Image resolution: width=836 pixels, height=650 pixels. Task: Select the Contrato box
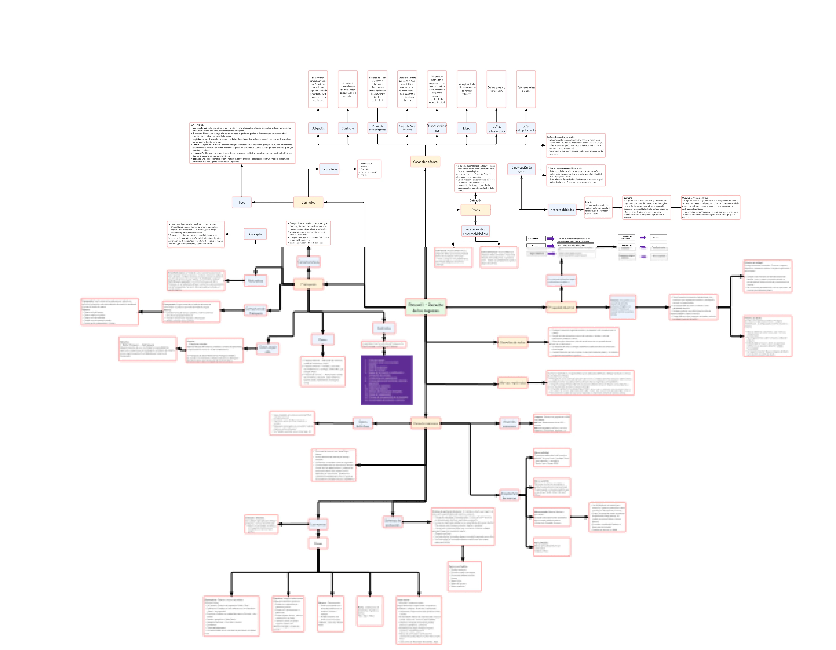(x=348, y=128)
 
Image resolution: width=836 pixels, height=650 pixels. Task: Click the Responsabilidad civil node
(x=437, y=128)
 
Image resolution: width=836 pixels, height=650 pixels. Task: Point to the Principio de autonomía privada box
(x=377, y=128)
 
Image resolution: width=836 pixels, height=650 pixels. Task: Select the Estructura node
(x=329, y=169)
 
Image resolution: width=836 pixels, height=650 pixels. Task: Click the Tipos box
(x=242, y=202)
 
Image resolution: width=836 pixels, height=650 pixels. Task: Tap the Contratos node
(x=308, y=202)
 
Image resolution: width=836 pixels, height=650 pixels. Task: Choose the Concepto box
(x=255, y=234)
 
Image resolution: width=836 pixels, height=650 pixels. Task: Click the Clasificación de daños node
(x=521, y=169)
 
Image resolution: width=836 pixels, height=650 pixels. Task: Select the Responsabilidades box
(x=562, y=210)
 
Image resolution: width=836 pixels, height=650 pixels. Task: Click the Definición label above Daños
(x=475, y=201)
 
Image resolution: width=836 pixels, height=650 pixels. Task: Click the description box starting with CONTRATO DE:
(x=242, y=143)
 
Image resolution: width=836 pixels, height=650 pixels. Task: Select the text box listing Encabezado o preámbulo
(x=369, y=169)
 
